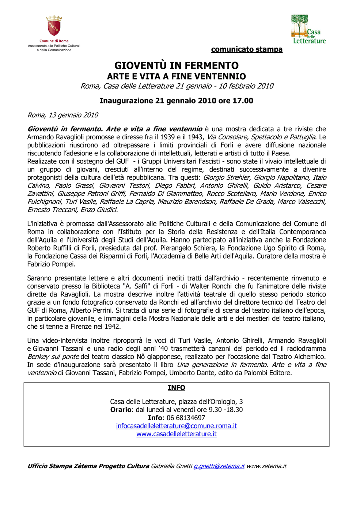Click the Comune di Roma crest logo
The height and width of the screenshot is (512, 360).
tap(54, 26)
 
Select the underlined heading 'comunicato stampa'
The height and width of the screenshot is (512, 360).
tap(247, 49)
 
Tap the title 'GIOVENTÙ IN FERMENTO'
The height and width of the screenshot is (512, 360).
tap(177, 65)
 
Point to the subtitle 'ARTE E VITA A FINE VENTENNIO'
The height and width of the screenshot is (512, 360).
tap(177, 76)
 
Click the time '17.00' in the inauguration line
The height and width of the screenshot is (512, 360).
tap(243, 101)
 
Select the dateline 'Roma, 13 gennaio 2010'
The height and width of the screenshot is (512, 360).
tap(63, 115)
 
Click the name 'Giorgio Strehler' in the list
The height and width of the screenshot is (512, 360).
tap(227, 178)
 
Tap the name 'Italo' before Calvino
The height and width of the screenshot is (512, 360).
tap(319, 178)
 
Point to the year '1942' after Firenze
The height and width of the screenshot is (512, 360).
tap(112, 327)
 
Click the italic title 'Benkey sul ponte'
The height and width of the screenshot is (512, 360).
tap(53, 357)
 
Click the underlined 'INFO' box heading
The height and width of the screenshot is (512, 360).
tap(177, 388)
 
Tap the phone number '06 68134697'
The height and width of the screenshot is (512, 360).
tap(186, 418)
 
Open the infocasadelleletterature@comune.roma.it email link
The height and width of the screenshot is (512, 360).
tap(177, 426)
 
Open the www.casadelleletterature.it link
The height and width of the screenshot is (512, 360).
tap(177, 434)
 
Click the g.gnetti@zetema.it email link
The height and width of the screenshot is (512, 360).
tap(219, 466)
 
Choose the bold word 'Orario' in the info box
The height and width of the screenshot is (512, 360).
tap(121, 410)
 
